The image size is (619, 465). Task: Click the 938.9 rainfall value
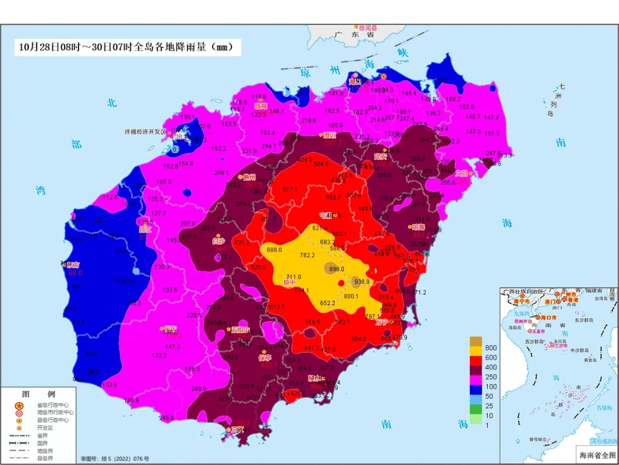pos(363,282)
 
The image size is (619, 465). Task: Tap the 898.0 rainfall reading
pos(337,269)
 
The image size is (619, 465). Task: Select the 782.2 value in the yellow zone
pos(307,256)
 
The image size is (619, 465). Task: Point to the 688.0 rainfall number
pos(274,249)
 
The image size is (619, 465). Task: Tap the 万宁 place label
pos(383,323)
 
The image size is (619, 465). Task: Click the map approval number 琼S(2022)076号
pos(115,459)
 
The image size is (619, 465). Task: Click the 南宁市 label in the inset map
pos(521,300)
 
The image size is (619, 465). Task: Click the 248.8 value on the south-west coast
pos(166,418)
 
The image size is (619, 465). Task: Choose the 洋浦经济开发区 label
pos(145,131)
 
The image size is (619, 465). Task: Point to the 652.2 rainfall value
pos(327,303)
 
